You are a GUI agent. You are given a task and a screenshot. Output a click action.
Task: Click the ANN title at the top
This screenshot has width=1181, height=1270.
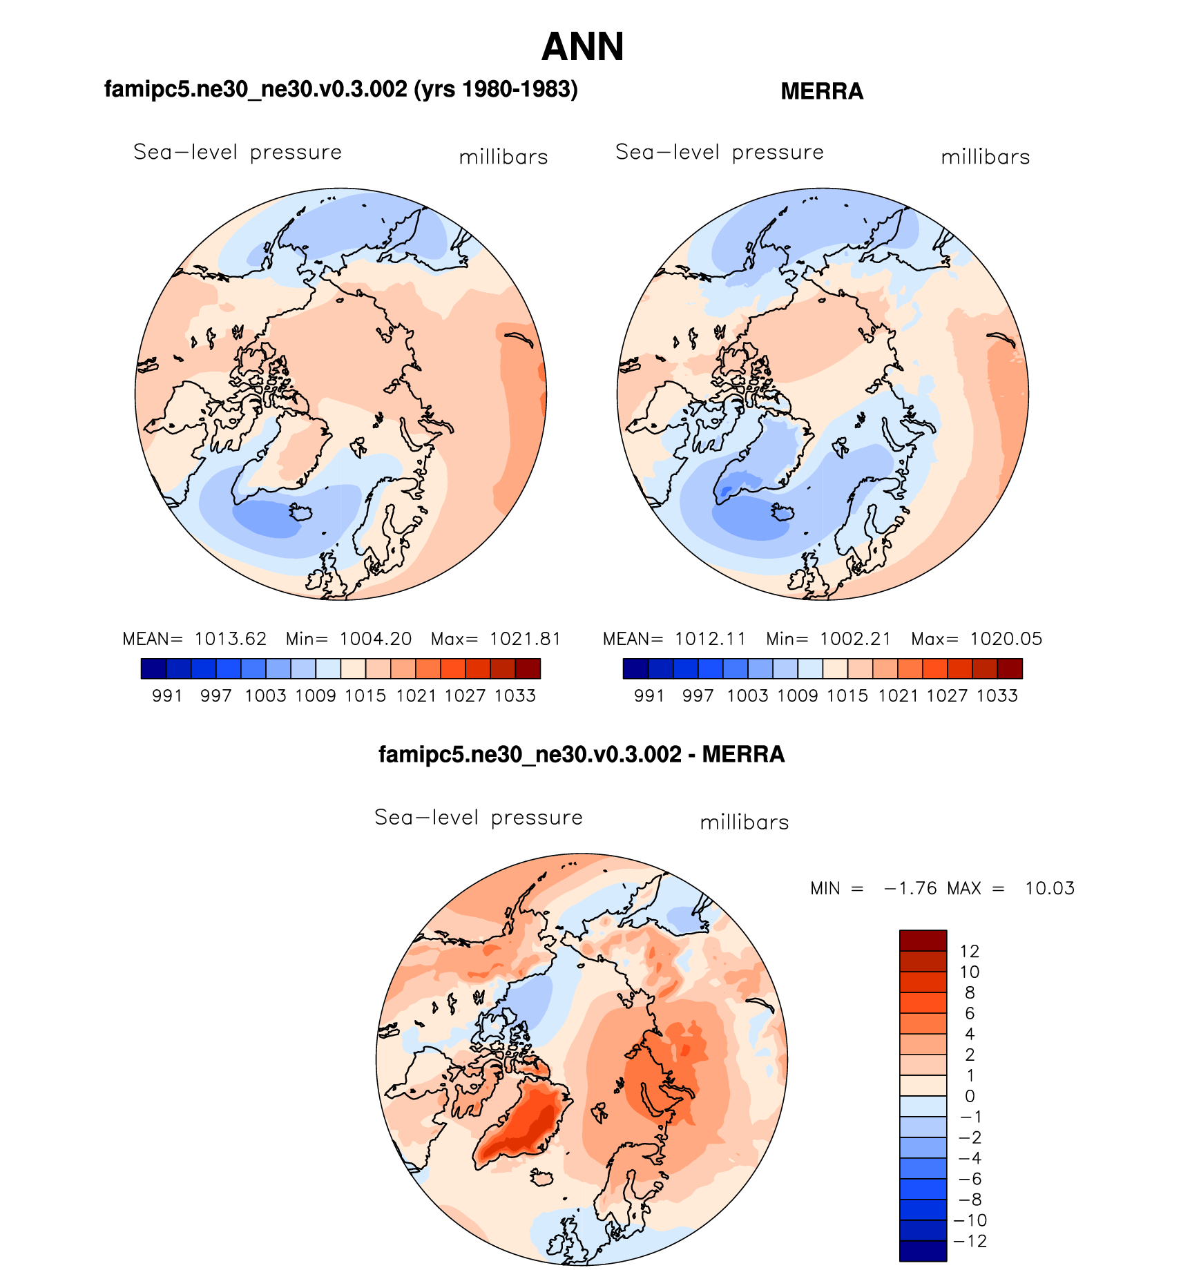[x=582, y=47]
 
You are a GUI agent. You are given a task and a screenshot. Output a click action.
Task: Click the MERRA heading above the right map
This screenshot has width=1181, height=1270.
[x=821, y=91]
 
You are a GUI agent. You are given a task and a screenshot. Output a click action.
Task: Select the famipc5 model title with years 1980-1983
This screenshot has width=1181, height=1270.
[x=340, y=89]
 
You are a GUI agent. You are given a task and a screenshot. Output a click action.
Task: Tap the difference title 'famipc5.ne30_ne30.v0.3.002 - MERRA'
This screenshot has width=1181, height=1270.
[x=582, y=754]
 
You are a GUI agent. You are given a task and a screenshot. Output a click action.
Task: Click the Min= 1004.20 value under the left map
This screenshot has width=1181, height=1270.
[x=349, y=639]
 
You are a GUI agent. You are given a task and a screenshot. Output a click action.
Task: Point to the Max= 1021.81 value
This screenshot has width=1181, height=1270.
[x=495, y=639]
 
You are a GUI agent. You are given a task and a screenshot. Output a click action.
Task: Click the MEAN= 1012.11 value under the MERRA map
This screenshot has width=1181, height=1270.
[x=674, y=639]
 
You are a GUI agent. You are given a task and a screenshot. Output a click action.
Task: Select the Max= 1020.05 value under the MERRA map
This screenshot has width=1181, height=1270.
[x=976, y=639]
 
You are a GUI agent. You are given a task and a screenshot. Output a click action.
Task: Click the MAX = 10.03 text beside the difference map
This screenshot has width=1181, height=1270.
[x=1011, y=888]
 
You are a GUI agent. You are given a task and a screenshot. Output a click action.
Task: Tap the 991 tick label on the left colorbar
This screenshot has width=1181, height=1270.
[x=166, y=695]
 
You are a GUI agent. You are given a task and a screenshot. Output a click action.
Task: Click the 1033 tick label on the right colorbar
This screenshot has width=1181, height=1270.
[x=997, y=695]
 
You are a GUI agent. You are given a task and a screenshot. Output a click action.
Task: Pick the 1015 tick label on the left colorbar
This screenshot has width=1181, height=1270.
[x=365, y=695]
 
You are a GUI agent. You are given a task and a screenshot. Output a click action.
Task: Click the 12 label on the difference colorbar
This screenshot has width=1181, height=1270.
[x=970, y=952]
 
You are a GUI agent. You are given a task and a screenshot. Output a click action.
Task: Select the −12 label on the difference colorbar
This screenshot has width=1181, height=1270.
[x=970, y=1241]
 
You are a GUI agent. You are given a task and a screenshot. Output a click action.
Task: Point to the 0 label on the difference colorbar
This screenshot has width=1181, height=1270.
[x=970, y=1096]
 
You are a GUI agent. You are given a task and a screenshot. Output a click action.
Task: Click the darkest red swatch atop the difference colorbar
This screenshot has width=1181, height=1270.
[x=923, y=941]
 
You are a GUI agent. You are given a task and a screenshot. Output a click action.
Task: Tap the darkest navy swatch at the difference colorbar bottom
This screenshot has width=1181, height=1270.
[x=923, y=1251]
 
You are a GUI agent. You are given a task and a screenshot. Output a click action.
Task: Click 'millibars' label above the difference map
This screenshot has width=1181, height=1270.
[x=744, y=822]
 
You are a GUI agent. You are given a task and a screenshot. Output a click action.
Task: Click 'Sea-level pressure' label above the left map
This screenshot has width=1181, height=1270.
[x=238, y=152]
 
